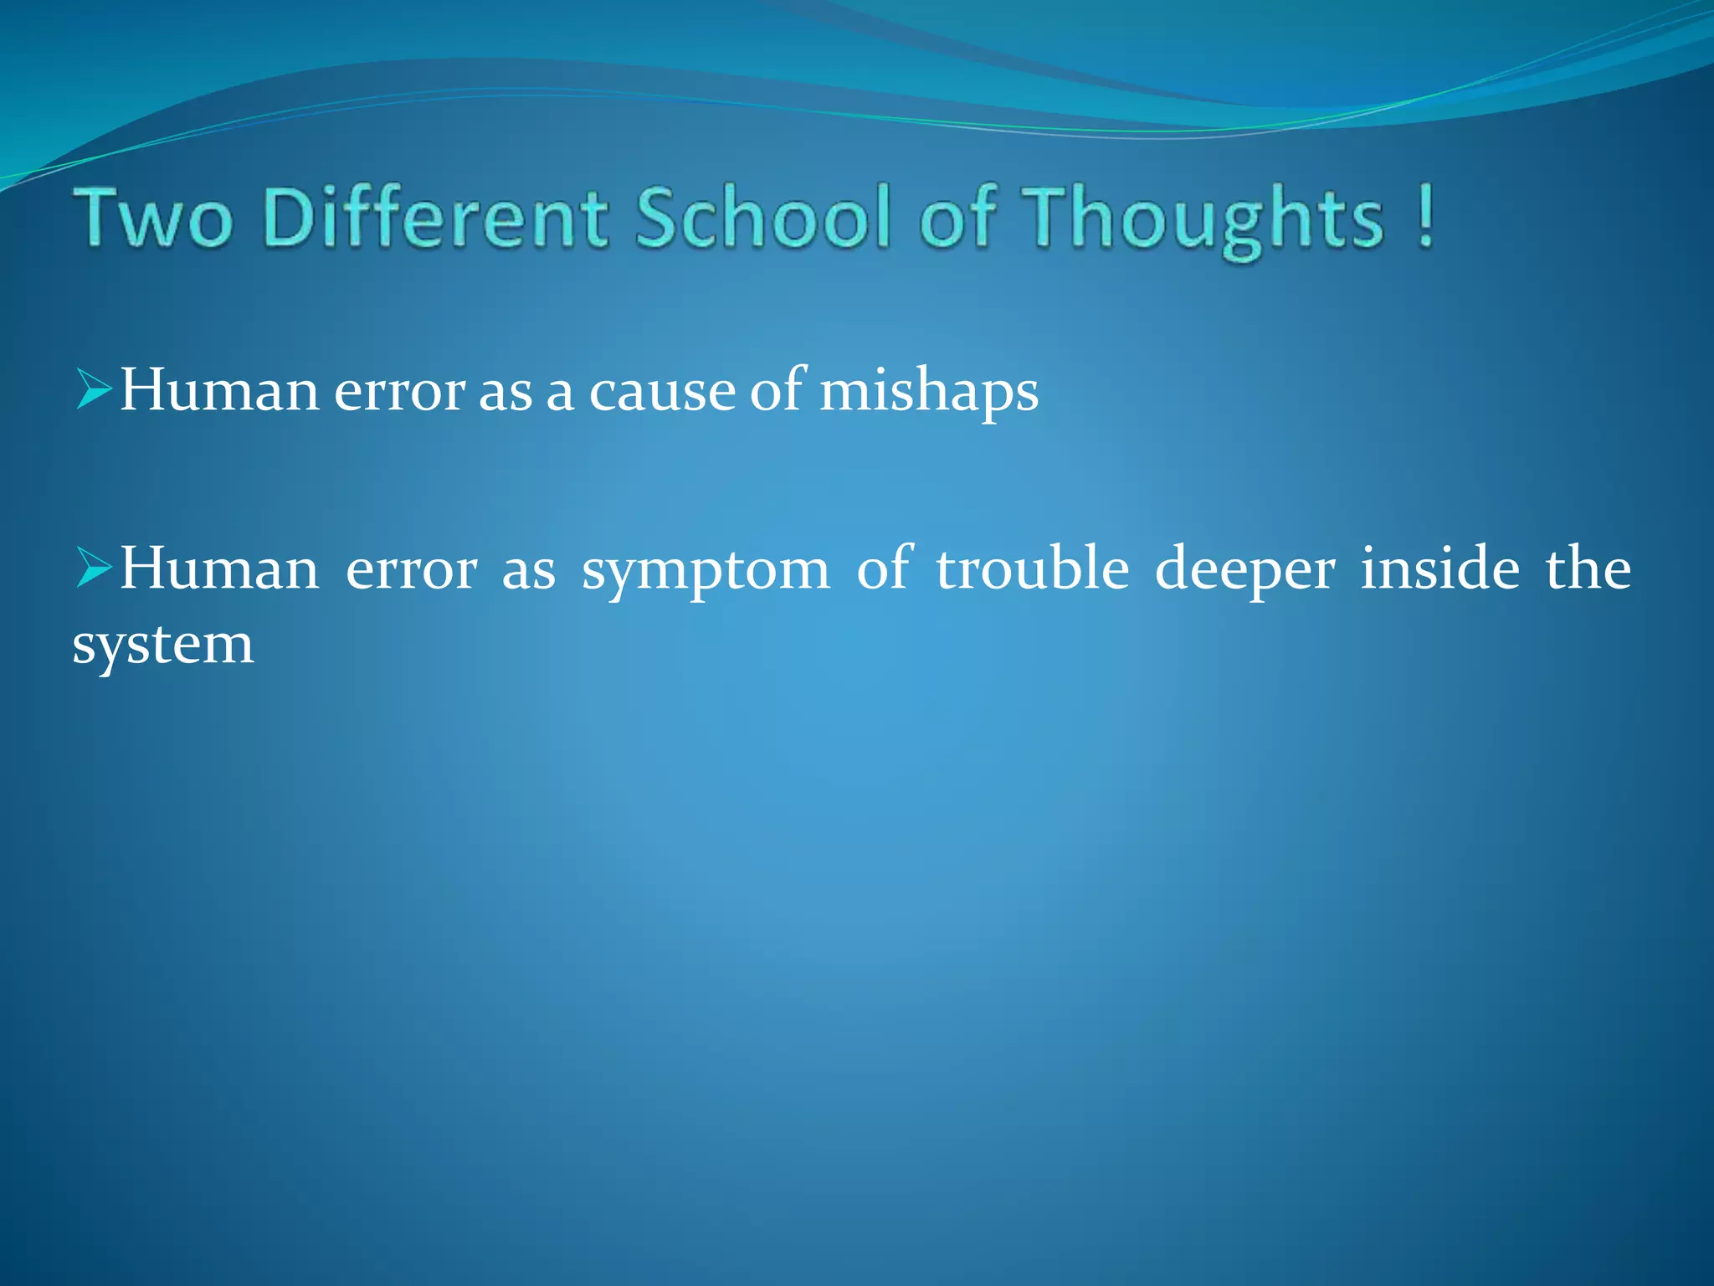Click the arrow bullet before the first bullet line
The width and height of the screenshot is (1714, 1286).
(94, 391)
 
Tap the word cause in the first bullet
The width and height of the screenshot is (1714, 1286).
(661, 392)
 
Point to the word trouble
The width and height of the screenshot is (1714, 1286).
(1033, 568)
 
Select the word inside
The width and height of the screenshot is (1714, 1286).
(1439, 568)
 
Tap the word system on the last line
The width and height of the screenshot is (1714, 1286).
(163, 646)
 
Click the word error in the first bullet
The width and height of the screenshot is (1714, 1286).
(399, 392)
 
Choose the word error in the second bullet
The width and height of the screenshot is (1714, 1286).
(411, 570)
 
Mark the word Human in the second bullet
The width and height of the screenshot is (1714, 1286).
(219, 568)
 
